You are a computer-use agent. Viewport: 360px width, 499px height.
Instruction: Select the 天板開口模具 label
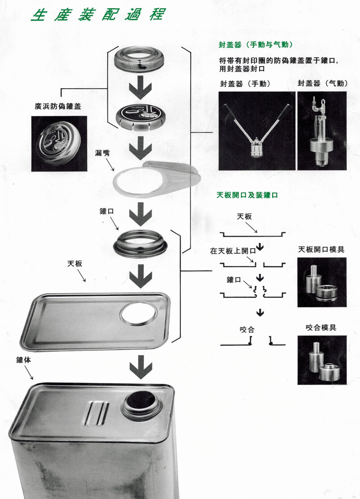click(x=321, y=249)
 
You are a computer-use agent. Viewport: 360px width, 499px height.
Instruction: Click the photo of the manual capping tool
click(x=256, y=130)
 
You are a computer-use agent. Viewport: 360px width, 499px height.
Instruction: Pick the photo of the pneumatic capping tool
click(x=322, y=130)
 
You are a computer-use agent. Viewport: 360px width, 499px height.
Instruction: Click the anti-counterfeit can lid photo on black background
click(x=59, y=143)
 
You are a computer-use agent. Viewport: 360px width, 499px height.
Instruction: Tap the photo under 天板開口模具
click(x=321, y=282)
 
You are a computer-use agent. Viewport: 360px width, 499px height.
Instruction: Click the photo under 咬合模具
click(x=321, y=360)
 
